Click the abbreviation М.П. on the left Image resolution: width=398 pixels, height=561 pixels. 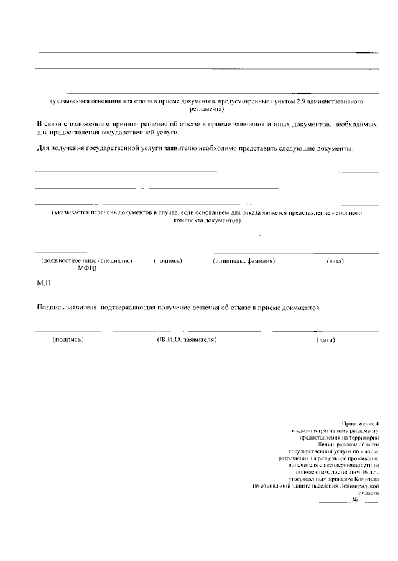pos(45,284)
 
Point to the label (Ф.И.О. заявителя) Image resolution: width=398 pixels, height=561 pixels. pos(187,341)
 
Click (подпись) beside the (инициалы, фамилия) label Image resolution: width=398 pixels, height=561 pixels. pos(167,261)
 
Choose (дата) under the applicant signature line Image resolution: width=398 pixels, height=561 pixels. pos(325,341)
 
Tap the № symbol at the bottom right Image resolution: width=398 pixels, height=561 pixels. pos(356,500)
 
